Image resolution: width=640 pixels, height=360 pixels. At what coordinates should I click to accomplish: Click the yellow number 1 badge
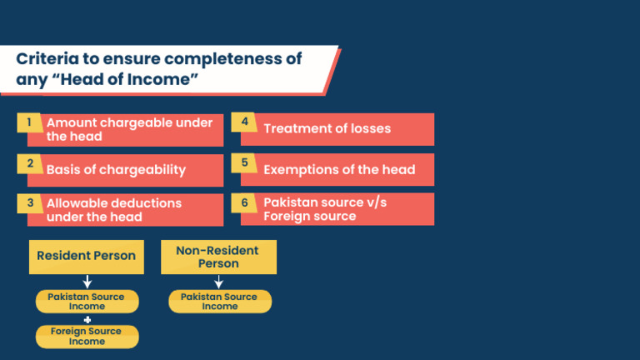click(29, 122)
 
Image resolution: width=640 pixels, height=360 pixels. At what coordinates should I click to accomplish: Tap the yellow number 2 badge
click(29, 163)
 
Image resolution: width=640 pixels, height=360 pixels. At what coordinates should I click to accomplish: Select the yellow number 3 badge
click(29, 203)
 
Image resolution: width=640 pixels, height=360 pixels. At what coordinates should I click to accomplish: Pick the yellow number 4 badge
click(244, 122)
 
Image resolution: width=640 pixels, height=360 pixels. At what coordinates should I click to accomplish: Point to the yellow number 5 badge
click(244, 162)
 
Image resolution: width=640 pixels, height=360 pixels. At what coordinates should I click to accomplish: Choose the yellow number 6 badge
click(244, 202)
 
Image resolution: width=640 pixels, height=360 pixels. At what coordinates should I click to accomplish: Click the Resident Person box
click(87, 257)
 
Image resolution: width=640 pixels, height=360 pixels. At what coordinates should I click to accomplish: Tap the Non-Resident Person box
click(219, 257)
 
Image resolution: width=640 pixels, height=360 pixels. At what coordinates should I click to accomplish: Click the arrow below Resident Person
click(87, 282)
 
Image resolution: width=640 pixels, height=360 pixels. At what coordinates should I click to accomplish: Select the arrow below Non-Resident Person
click(219, 282)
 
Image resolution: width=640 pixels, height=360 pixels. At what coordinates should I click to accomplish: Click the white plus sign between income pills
click(87, 320)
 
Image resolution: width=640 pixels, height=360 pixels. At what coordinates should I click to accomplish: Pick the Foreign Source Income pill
click(87, 337)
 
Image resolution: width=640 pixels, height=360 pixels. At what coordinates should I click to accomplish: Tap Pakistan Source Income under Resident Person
click(87, 302)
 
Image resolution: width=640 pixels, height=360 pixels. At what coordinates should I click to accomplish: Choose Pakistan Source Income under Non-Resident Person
click(220, 302)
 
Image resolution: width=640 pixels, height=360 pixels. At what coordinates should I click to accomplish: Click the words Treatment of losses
click(327, 128)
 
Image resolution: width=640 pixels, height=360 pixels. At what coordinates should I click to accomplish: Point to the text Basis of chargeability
click(116, 170)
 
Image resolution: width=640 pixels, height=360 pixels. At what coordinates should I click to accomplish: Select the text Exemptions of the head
click(339, 169)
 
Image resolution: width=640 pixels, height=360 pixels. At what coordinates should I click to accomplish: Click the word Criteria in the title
click(47, 59)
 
